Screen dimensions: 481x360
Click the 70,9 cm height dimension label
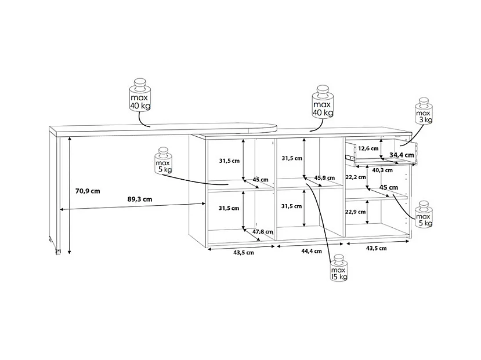(88, 191)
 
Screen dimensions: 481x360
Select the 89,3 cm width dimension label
(140, 199)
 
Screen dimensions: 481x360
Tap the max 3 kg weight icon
(424, 111)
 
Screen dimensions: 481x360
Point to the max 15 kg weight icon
(339, 267)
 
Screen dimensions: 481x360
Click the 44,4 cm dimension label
(312, 251)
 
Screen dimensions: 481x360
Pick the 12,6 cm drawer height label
(368, 148)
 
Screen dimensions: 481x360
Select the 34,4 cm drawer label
(402, 155)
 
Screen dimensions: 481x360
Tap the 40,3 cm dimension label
(382, 170)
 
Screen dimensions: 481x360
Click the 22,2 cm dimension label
(356, 177)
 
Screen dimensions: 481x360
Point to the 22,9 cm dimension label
(356, 212)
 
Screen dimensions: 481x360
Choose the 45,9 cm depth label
(324, 178)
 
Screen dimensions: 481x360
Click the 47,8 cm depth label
(263, 232)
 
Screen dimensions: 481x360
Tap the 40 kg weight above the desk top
(140, 95)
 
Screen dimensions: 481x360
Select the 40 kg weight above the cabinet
(323, 101)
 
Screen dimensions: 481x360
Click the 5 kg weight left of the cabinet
(164, 161)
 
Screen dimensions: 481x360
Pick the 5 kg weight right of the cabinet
(424, 214)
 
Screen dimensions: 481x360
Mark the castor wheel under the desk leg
(57, 252)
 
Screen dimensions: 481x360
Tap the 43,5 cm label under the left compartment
(244, 253)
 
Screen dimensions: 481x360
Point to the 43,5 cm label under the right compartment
(377, 248)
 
